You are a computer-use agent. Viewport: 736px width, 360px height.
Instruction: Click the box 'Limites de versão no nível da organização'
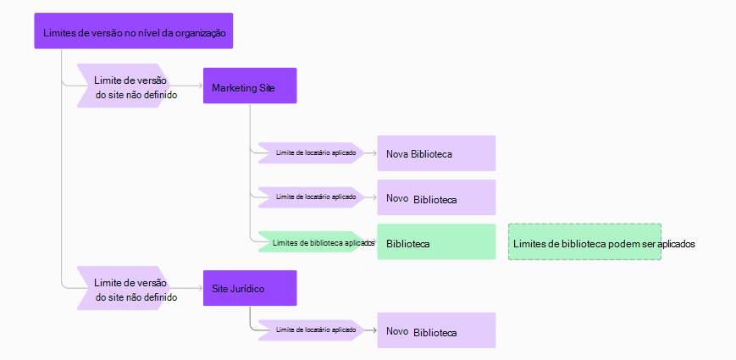click(134, 31)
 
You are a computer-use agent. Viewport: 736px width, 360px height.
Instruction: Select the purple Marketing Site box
click(250, 86)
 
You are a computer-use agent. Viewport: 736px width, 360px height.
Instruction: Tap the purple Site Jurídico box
click(250, 289)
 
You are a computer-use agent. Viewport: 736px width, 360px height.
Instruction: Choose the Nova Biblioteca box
click(436, 153)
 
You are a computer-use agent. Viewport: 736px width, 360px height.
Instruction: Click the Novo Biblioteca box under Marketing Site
click(436, 198)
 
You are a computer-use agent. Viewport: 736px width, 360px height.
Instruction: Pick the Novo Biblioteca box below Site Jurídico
click(436, 331)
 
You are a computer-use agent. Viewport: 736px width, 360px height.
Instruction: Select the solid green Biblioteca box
click(436, 242)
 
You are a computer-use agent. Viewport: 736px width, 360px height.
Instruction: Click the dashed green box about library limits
click(584, 242)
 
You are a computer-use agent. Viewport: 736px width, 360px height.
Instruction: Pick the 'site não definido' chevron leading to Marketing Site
click(131, 86)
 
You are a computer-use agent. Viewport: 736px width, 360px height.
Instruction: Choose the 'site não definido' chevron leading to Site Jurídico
click(131, 289)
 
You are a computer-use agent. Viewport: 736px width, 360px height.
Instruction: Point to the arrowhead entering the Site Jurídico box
click(200, 289)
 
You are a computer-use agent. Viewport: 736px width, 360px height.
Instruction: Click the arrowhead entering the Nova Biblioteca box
click(374, 153)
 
